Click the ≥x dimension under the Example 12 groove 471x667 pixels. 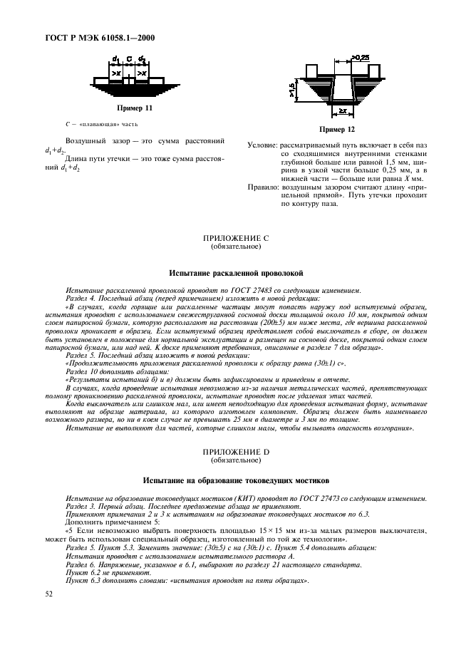tap(343, 111)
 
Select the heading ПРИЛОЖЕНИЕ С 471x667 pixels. tap(236, 239)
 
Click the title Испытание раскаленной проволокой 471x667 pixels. tap(236, 273)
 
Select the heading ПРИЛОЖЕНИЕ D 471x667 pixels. tap(236, 454)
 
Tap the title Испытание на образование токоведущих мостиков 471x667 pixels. tap(236, 481)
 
